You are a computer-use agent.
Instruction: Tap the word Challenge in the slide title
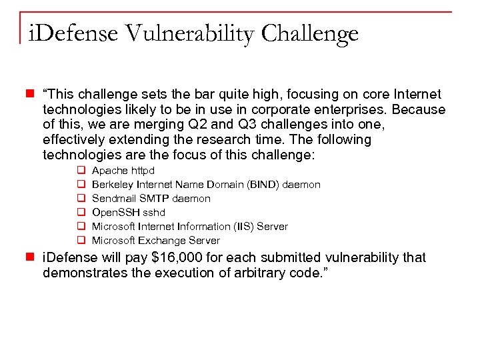[x=310, y=33]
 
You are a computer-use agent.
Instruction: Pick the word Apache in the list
[x=109, y=171]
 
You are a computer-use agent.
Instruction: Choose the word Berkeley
[x=113, y=185]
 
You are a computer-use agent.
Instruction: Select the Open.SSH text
[x=113, y=213]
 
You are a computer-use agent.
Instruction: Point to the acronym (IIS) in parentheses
[x=241, y=227]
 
